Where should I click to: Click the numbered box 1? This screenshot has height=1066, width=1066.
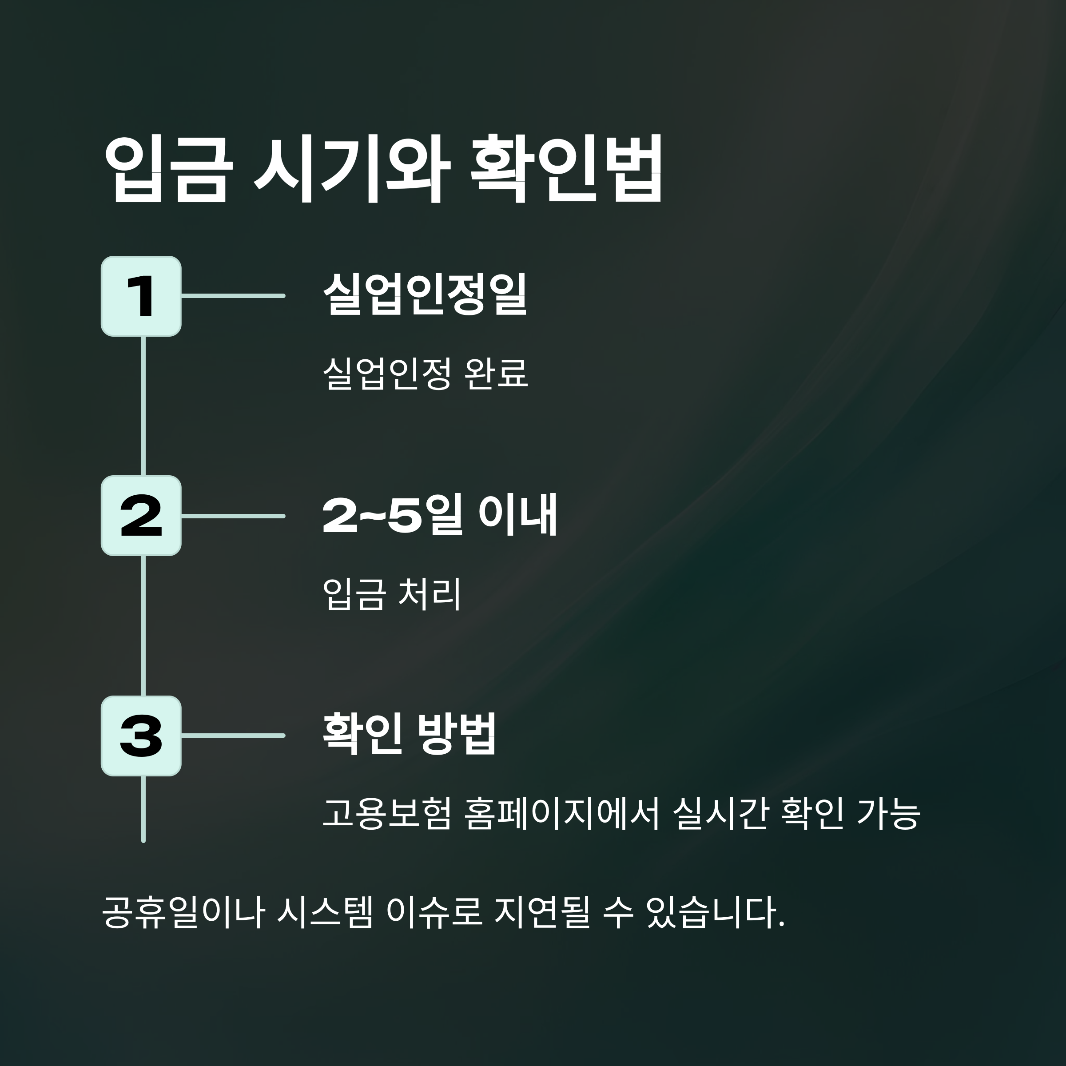141,296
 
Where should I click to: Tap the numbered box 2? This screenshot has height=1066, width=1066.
141,516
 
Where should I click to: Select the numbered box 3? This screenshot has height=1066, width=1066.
141,736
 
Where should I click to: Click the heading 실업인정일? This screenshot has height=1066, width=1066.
425,294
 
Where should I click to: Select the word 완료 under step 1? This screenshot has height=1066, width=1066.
497,374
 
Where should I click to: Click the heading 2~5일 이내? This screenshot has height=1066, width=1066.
439,515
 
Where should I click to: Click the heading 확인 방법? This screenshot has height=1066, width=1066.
410,734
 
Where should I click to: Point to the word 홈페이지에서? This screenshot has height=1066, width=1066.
562,813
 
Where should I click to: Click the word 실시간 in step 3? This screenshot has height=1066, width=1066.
720,813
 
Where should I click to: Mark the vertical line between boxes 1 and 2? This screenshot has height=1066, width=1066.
143,406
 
